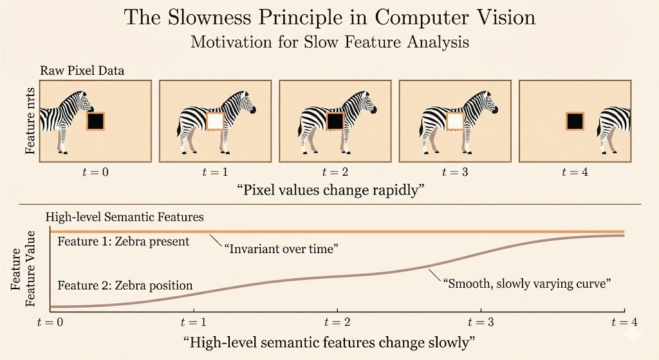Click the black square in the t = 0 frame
click(x=95, y=121)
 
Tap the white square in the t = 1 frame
click(x=215, y=121)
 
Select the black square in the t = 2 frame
click(x=335, y=121)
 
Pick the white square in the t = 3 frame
click(x=455, y=121)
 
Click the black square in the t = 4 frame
click(x=575, y=121)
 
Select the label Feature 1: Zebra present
click(x=124, y=242)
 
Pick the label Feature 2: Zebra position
click(x=125, y=285)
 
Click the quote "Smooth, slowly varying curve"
click(x=526, y=283)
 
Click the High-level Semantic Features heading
click(x=124, y=218)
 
